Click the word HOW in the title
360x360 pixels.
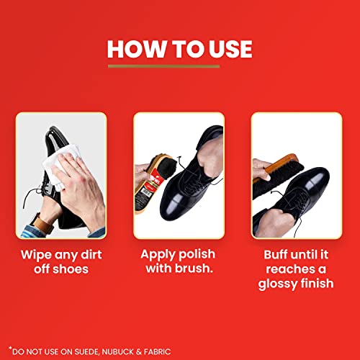point(134,48)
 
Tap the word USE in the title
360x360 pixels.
point(227,48)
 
